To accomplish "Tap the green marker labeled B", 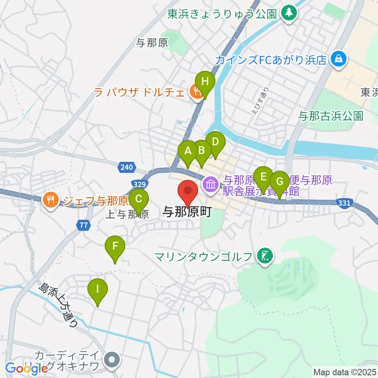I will click(202, 151).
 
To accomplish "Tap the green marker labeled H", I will click(205, 82).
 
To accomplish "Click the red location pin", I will click(188, 191).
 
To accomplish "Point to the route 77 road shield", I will click(83, 225).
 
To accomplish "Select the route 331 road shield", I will click(344, 203).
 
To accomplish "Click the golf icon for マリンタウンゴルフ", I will click(264, 257).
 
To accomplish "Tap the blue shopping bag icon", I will click(338, 59).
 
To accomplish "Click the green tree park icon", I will click(289, 13).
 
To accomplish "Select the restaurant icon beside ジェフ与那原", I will click(50, 199).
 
